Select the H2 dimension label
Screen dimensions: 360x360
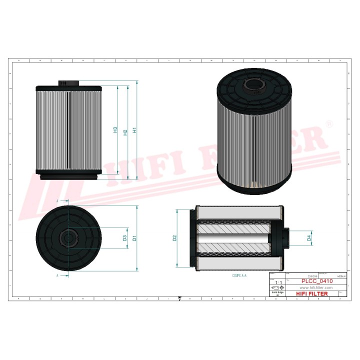[x=125, y=131]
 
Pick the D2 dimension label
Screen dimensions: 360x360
[x=174, y=238]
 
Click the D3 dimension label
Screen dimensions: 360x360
[x=124, y=238]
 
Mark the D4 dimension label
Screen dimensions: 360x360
[x=309, y=238]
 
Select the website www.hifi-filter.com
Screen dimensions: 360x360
[x=315, y=288]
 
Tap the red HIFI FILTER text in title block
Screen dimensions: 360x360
[x=312, y=294]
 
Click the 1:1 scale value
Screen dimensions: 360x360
[x=278, y=283]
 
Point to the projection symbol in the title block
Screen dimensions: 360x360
[x=275, y=289]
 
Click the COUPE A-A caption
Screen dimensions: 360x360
[x=239, y=275]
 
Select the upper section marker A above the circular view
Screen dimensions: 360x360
[x=57, y=200]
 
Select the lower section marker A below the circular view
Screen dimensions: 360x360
[x=57, y=275]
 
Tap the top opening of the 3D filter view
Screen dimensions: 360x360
[x=255, y=82]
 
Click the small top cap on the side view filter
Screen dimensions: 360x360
[x=68, y=82]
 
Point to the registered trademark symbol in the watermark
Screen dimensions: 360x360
[x=329, y=123]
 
